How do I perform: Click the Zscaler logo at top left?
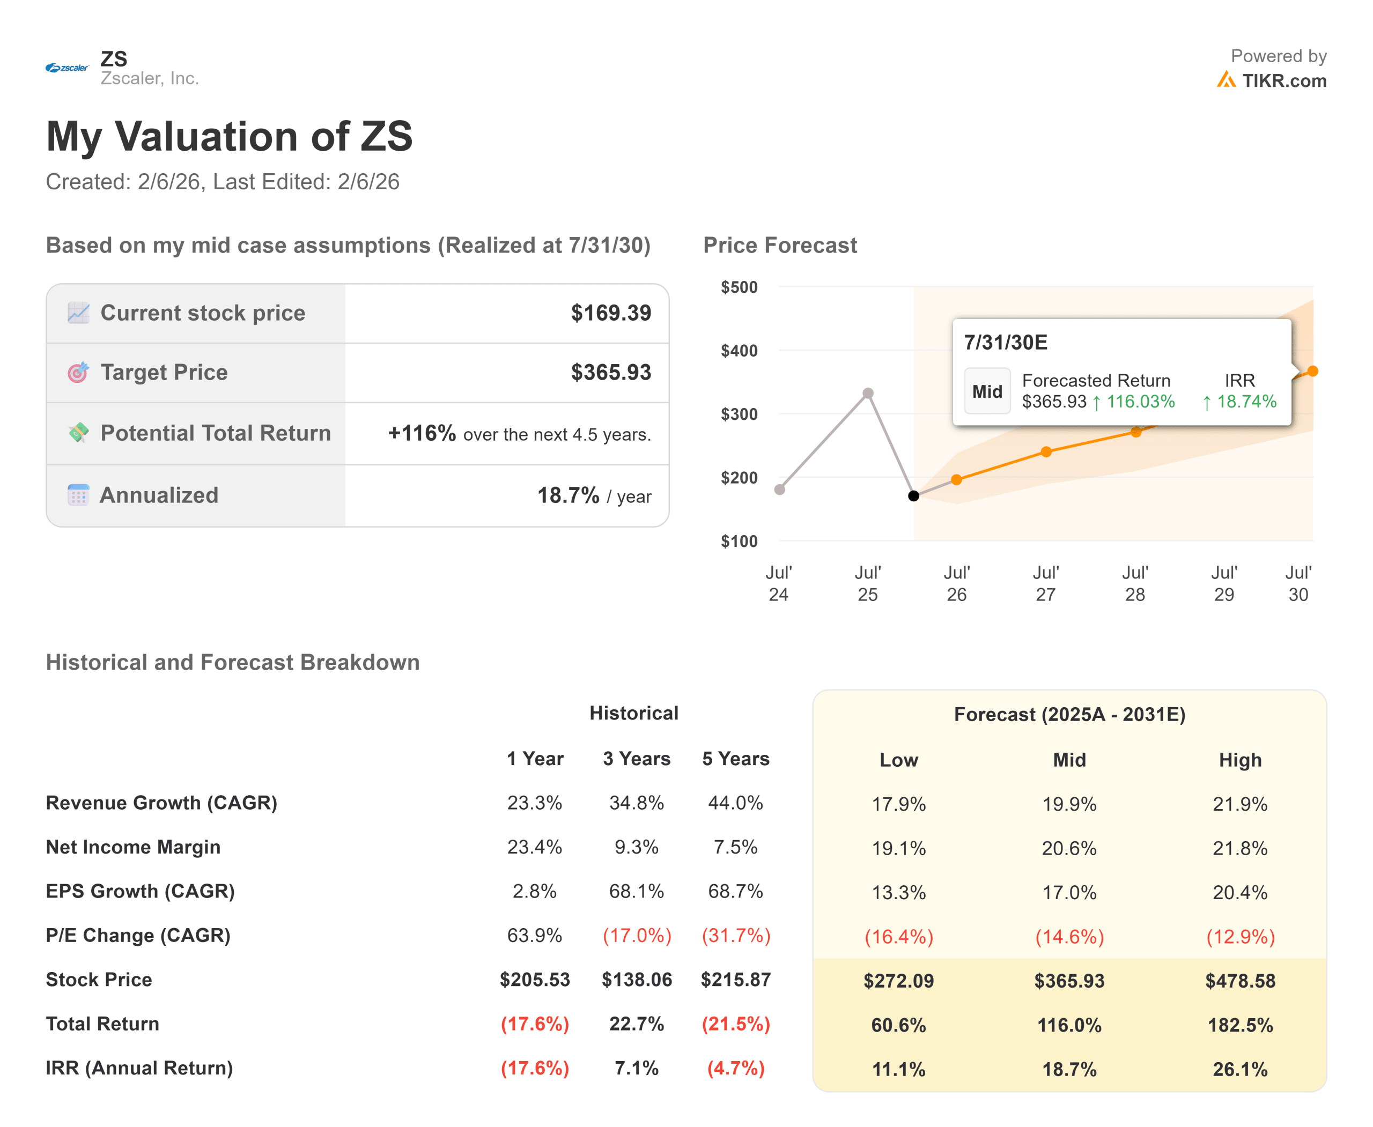67,68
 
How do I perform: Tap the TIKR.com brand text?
1283,80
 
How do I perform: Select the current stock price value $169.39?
610,313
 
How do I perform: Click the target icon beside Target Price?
78,372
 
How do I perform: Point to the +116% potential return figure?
422,433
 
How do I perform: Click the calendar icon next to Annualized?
78,495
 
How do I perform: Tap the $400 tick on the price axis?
739,351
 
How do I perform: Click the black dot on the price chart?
913,496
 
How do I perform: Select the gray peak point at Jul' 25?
868,394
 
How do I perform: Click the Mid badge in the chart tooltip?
986,391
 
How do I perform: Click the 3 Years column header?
636,758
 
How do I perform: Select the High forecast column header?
1239,760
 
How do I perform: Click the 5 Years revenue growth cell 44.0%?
735,803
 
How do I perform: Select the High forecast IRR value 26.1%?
1239,1069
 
